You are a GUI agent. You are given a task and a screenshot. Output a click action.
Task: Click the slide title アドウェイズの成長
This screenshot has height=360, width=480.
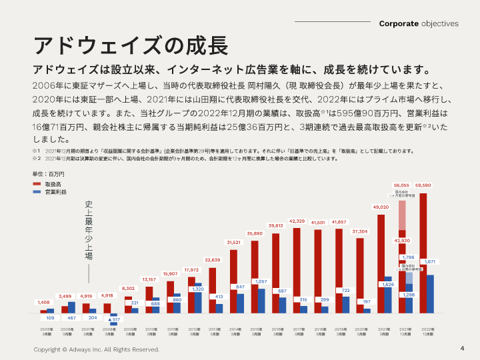coord(131,46)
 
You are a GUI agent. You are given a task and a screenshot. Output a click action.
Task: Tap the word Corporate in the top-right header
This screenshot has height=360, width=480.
coord(399,23)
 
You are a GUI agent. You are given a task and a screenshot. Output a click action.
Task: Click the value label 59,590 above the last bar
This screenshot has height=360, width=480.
coord(423,185)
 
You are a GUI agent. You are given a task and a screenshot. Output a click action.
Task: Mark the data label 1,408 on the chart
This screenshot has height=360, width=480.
coord(43,302)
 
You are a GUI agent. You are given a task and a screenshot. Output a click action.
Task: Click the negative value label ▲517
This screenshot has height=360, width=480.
coord(113,320)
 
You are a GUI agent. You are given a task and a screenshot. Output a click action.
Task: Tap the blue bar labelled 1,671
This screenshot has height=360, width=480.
coord(430,293)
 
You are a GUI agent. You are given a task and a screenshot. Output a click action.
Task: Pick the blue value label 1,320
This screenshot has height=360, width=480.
coord(198,289)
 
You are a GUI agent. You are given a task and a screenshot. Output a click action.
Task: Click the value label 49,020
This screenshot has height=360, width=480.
coord(380,207)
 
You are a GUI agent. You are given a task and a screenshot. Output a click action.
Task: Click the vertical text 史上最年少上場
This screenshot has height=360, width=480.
coord(88,230)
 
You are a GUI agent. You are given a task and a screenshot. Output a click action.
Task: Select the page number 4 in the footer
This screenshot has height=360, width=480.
coord(462,349)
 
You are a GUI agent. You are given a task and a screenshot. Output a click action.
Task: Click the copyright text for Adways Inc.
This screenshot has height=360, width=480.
coord(97,349)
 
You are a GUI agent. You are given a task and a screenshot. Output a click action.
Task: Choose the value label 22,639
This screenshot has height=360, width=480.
coord(212,259)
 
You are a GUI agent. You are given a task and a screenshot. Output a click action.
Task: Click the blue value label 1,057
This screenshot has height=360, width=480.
coord(261,281)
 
